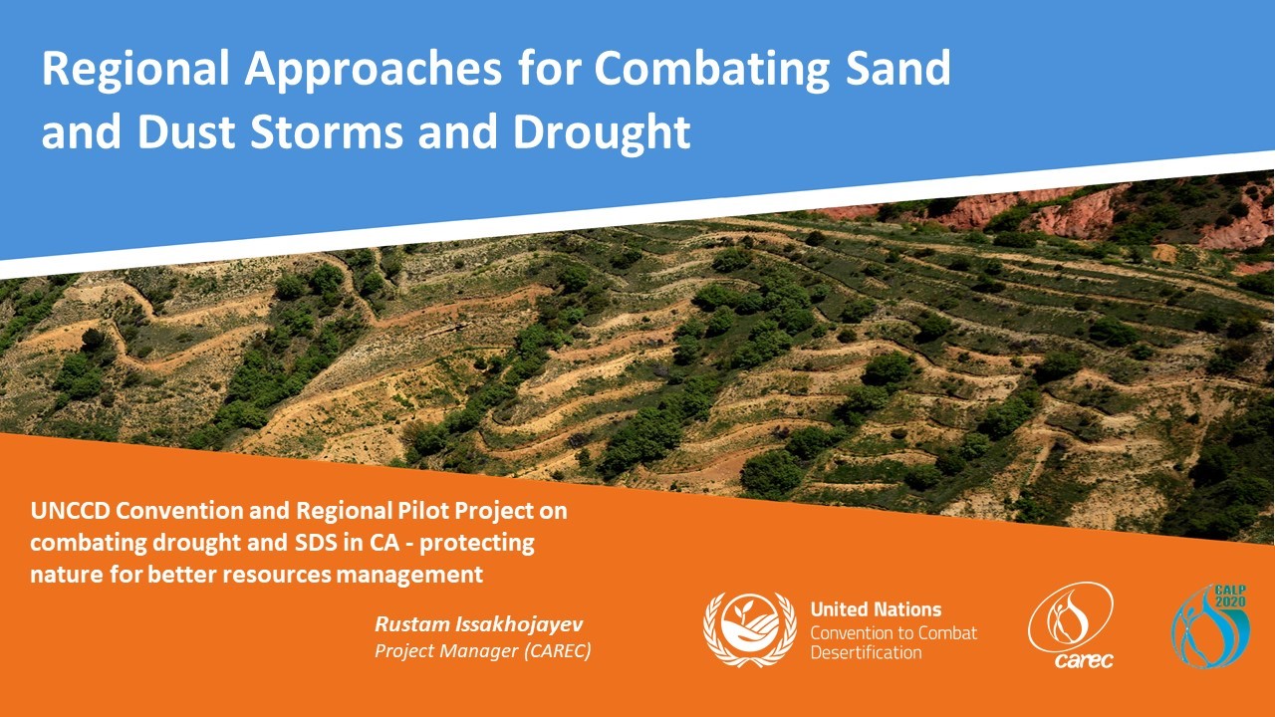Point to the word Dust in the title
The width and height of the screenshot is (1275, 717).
click(186, 131)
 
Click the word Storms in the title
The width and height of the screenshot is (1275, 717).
click(327, 131)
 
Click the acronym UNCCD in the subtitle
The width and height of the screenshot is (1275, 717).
click(70, 511)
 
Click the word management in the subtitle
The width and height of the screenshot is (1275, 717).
click(409, 575)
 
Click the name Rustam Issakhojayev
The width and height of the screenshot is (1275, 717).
click(479, 624)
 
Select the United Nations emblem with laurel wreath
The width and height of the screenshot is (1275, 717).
click(750, 629)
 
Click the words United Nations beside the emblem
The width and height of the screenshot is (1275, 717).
click(876, 609)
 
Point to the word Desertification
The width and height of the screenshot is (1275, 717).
click(866, 652)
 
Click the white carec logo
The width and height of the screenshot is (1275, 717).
click(1071, 625)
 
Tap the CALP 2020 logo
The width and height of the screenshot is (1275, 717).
click(1210, 626)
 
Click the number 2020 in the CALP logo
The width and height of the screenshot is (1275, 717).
click(1230, 601)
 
